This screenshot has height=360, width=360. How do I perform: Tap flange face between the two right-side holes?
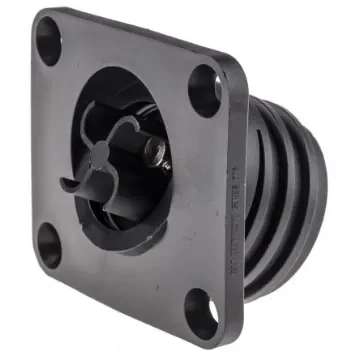coord(215,190)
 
